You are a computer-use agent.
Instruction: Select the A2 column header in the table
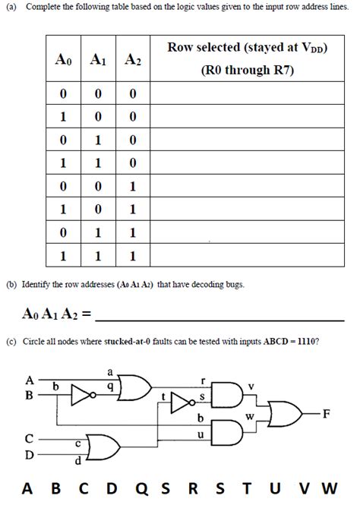click(x=132, y=60)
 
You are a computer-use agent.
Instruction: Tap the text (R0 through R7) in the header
click(x=246, y=70)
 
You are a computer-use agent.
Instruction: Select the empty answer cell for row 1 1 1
click(x=246, y=257)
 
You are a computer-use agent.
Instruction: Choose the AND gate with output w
click(x=229, y=432)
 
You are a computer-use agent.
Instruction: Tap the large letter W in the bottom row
click(x=330, y=488)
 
